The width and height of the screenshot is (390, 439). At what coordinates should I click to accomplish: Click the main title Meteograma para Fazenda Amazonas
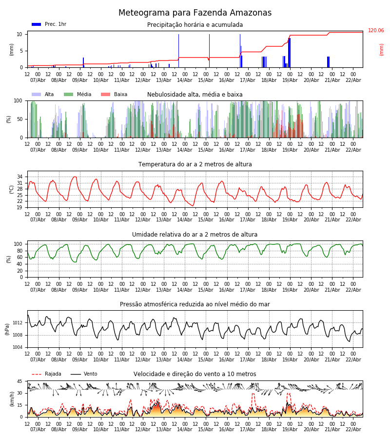195,13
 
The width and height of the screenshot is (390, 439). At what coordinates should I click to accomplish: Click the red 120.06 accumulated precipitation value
376,31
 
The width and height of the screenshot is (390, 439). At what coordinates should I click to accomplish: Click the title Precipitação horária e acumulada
195,25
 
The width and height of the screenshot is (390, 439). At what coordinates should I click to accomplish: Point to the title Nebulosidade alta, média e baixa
195,95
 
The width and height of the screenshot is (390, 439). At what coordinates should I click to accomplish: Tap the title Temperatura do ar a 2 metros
195,164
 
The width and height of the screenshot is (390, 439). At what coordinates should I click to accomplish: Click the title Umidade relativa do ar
195,235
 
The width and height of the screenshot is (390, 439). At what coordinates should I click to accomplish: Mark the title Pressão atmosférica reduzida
195,304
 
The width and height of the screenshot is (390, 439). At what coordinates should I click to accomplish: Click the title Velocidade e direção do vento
195,374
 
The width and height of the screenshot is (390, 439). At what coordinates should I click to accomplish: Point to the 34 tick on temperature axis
19,177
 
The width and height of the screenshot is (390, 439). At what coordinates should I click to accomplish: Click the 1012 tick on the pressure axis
18,323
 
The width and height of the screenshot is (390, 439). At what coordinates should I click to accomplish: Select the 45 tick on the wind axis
19,381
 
